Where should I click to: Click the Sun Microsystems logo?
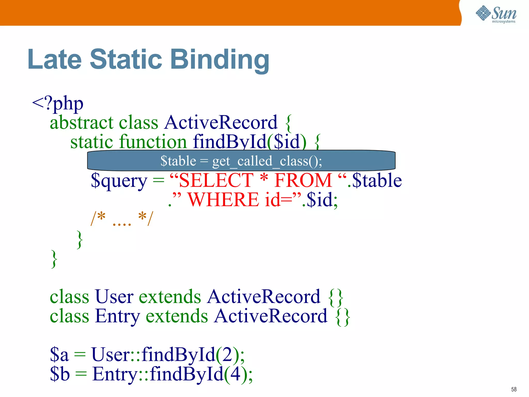pos(496,14)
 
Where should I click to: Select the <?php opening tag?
pos(58,103)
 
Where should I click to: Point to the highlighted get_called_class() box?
pos(241,161)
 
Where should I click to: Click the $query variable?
pos(119,180)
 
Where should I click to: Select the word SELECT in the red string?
pos(216,180)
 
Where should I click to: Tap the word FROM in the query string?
pos(303,180)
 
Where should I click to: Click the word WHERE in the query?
pos(223,200)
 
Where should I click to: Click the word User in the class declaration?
pos(114,296)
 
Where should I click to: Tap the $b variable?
pos(60,374)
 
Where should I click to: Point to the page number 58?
pos(514,389)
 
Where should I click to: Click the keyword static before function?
pos(92,142)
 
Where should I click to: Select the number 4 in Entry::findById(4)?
pos(236,374)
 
